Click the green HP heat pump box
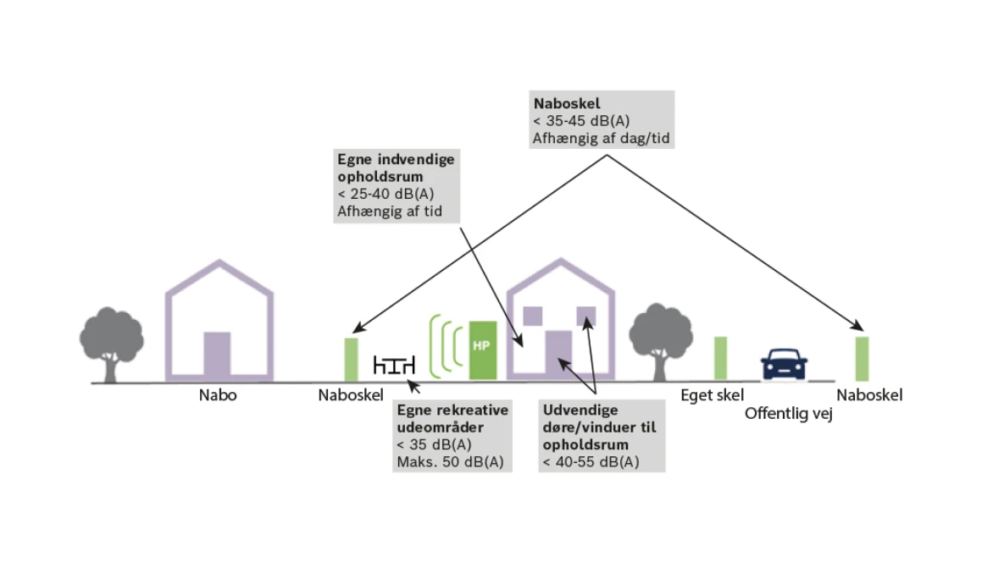pos(483,350)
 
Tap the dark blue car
pos(784,364)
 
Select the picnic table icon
pos(394,365)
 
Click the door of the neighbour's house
pos(217,355)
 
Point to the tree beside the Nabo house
pos(111,344)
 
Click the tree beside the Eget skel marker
pos(661,342)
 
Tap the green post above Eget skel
pos(721,358)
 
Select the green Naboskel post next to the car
pos(863,359)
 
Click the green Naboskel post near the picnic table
pos(352,359)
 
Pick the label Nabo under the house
pos(218,395)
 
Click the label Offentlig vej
pos(789,414)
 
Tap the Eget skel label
pos(712,395)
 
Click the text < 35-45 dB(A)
pos(581,121)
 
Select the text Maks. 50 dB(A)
pos(450,462)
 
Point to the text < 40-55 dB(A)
pos(591,462)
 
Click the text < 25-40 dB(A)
pos(386,194)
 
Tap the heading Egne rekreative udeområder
pos(452,419)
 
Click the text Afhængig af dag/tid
pos(602,138)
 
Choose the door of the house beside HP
pos(558,354)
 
